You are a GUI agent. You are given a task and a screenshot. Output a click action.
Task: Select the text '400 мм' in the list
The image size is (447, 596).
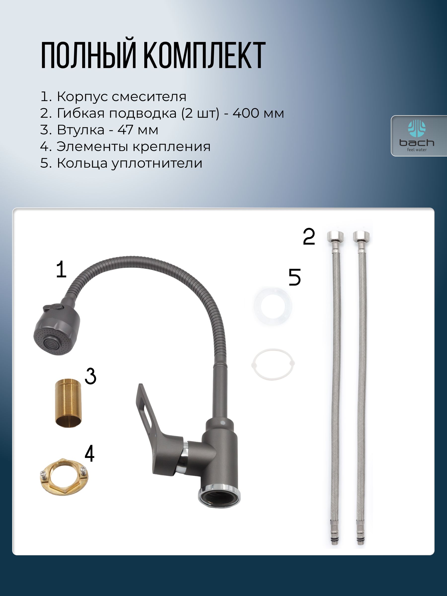[258, 113]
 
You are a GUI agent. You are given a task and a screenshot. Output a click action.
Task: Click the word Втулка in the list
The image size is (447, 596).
[80, 130]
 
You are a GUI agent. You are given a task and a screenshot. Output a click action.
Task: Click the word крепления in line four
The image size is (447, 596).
[171, 147]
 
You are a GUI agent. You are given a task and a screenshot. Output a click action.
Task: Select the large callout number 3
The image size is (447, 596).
[91, 376]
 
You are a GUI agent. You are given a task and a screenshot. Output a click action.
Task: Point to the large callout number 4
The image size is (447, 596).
[89, 453]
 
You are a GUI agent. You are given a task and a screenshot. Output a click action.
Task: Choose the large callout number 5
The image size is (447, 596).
[295, 277]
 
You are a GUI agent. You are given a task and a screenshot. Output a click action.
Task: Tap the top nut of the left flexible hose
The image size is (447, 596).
[335, 237]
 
